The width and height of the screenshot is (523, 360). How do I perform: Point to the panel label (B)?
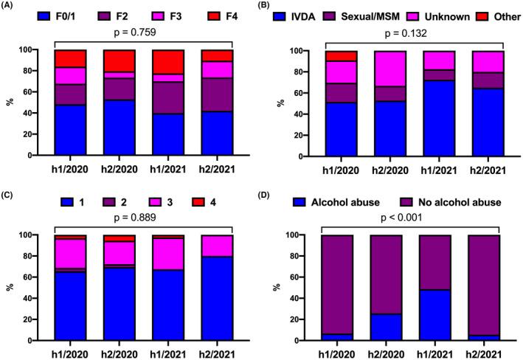274,6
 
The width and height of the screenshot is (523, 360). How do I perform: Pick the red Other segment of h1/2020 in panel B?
344,56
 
